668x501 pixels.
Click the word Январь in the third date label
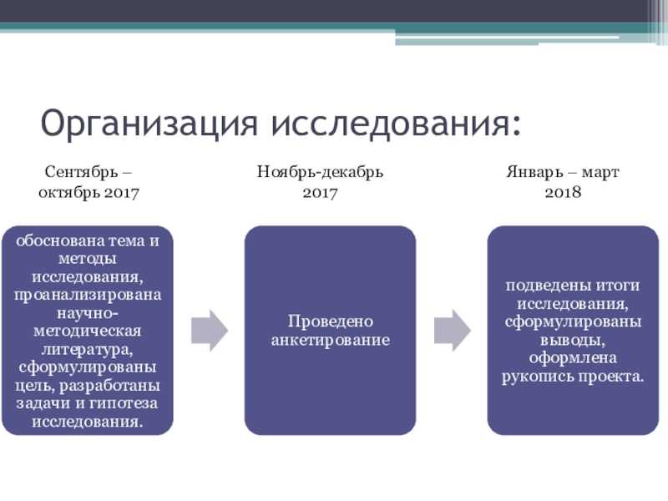[532, 173]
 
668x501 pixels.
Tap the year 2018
[562, 192]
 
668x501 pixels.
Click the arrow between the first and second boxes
[210, 330]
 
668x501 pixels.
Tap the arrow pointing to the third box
[452, 330]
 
